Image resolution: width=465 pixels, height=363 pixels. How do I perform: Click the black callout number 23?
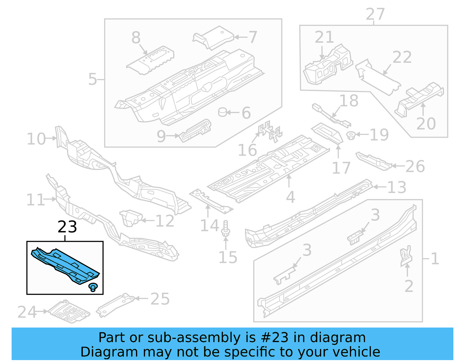pos(67,227)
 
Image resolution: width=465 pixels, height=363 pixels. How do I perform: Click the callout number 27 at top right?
pos(375,14)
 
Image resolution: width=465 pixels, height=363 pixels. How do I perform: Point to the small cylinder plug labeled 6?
pos(223,112)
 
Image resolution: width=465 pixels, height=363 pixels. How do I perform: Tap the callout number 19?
pos(379,135)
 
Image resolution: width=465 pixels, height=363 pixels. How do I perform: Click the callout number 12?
pos(165,221)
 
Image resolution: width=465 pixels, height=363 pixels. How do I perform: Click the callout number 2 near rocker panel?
pos(409,286)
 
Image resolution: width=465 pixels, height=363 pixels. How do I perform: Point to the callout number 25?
pos(160,299)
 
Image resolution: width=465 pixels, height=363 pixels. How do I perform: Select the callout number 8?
pos(136,37)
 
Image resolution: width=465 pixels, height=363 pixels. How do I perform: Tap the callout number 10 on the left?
pos(36,139)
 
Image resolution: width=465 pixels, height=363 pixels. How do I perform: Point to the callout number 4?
pos(290,197)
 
